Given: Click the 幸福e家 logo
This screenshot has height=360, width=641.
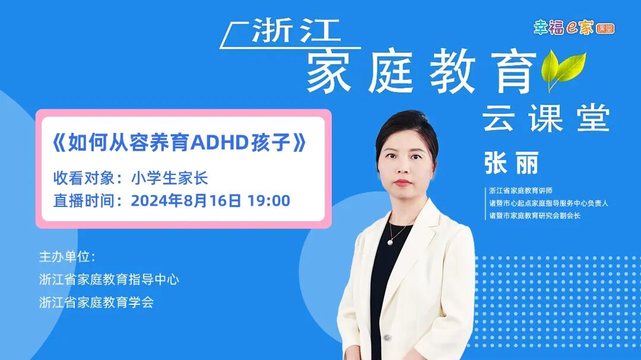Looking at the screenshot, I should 573,27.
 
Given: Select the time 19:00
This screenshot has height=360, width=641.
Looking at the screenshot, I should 269,201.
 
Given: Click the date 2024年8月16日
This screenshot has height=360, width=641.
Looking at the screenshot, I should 186,201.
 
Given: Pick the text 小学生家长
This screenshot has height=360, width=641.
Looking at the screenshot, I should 169,179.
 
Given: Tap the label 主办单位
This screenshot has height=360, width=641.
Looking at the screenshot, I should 66,257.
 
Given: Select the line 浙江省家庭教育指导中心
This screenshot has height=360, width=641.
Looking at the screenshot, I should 109,279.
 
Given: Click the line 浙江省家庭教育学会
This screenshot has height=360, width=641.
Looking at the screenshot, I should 96,302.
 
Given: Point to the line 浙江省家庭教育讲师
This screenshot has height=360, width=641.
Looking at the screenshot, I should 521,191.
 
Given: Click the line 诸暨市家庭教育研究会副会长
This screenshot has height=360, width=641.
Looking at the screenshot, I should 535,216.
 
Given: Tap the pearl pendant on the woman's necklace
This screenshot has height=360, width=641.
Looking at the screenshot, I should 391,241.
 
